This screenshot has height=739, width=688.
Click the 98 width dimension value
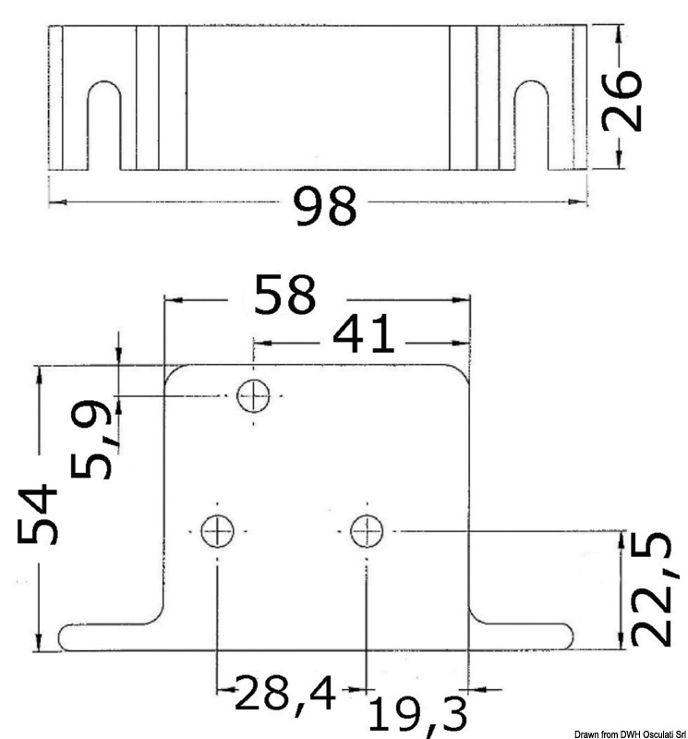(325, 205)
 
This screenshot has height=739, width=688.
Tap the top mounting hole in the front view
(253, 396)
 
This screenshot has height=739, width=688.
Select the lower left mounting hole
(217, 530)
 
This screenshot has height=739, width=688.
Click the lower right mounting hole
(367, 530)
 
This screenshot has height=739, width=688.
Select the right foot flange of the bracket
(522, 636)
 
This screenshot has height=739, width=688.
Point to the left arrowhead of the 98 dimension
(54, 200)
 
